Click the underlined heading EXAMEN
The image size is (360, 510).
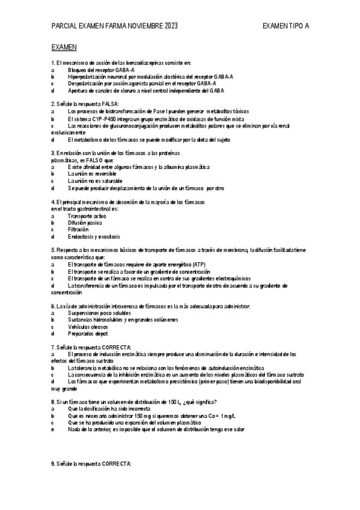point(64,46)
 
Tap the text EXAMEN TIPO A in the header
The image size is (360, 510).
point(286,26)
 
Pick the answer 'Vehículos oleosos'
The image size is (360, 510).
point(90,327)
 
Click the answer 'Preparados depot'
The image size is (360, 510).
point(88,334)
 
